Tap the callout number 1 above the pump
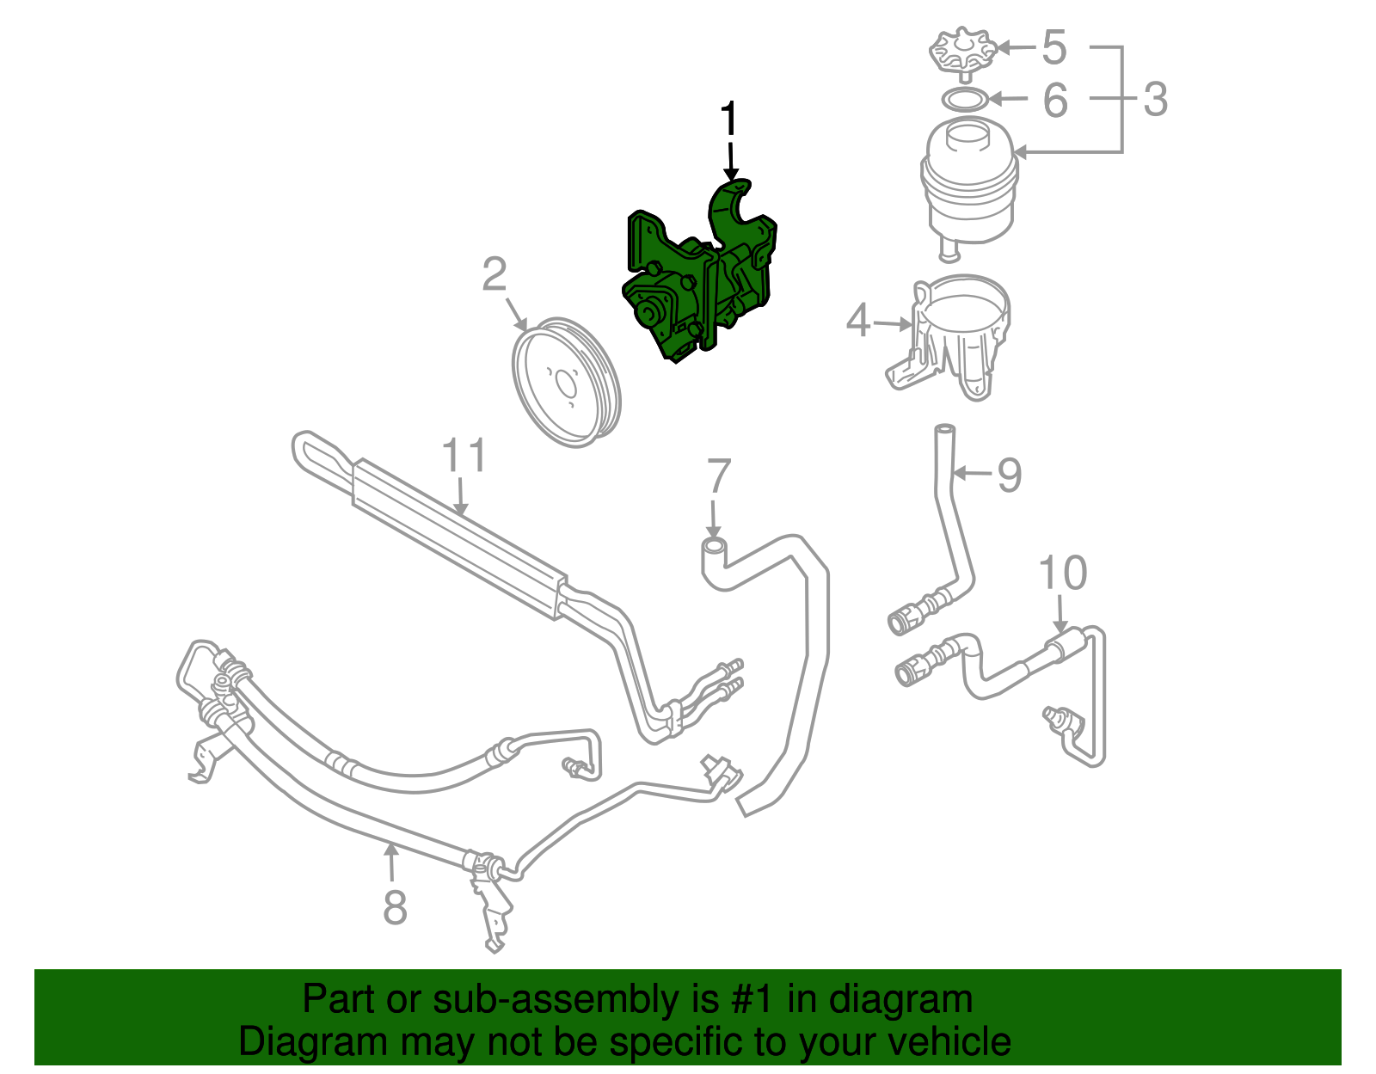pos(728,120)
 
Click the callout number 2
pos(494,275)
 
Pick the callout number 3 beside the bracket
pos(1156,99)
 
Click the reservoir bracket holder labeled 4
pos(959,335)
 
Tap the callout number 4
pos(858,321)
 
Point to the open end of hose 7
pos(713,545)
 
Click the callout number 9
pos(1009,474)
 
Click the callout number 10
pos(1063,573)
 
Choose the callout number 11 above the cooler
pos(464,456)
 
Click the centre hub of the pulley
pos(564,383)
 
